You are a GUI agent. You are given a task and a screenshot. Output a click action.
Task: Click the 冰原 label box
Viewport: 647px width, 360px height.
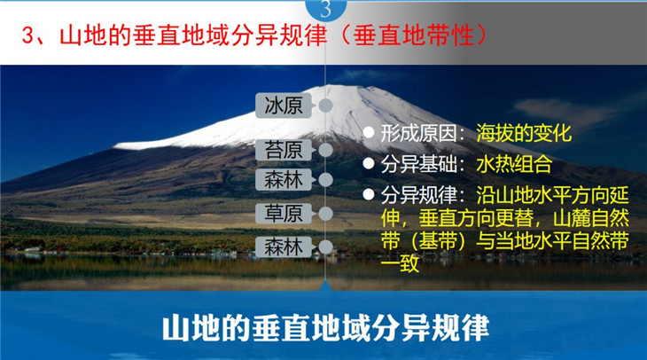[x=284, y=106]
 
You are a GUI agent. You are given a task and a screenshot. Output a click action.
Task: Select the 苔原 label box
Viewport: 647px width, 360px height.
[x=284, y=150]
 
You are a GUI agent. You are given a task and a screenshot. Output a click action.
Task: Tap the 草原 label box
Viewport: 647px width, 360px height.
[x=284, y=214]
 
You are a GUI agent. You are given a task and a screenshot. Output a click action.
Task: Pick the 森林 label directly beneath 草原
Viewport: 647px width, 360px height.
[x=284, y=247]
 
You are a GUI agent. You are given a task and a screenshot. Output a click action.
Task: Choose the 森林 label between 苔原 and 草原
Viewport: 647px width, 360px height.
[x=284, y=180]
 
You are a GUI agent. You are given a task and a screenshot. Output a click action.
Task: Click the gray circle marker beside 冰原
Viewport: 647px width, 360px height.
[x=325, y=106]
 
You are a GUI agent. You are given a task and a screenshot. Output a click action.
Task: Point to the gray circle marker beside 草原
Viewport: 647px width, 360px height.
[x=325, y=214]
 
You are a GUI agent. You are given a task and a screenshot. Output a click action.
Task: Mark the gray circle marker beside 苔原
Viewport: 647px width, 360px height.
[x=325, y=150]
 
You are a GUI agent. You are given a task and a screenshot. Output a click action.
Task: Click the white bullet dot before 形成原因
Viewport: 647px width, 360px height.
[x=369, y=132]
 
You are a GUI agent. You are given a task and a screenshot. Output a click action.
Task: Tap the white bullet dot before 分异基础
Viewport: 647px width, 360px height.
[x=369, y=163]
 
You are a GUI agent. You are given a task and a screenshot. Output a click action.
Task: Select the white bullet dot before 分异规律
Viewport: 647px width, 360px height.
[x=369, y=194]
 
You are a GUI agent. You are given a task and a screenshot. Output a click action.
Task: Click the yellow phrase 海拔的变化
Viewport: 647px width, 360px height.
[x=524, y=133]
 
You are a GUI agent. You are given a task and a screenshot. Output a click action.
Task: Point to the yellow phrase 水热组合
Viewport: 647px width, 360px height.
[x=514, y=164]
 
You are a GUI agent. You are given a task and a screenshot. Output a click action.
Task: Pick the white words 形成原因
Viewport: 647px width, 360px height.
[x=419, y=133]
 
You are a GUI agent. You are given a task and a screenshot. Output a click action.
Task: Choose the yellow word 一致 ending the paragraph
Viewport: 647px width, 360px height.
[x=400, y=263]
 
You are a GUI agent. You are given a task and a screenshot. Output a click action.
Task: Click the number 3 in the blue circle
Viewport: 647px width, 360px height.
[x=326, y=9]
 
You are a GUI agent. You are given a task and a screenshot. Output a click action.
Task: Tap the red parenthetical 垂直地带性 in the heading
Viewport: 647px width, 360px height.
[x=414, y=35]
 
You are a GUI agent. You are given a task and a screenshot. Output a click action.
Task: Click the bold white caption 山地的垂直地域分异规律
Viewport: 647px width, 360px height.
[x=325, y=328]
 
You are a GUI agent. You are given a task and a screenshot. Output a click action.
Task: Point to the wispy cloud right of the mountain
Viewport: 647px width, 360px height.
[x=565, y=109]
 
